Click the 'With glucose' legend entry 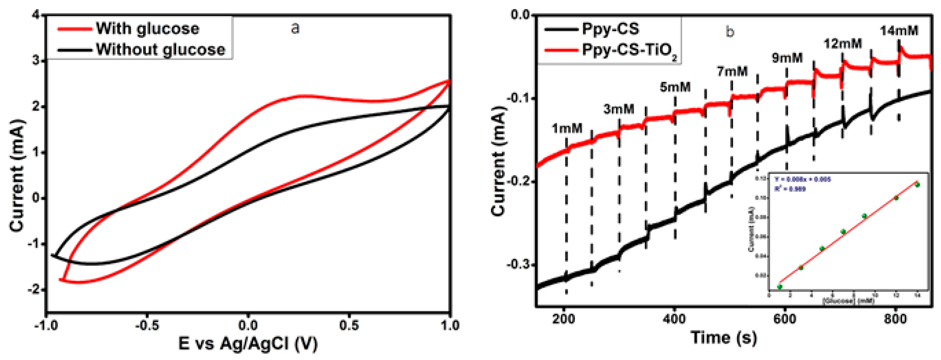point(147,29)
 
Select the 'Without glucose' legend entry point(160,49)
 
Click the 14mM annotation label point(899,31)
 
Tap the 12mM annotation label point(842,44)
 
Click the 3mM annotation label point(618,109)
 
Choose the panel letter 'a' point(295,28)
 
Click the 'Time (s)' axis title point(724,338)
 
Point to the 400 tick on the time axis point(674,319)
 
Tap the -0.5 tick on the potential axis point(147,325)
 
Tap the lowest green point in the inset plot point(780,287)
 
